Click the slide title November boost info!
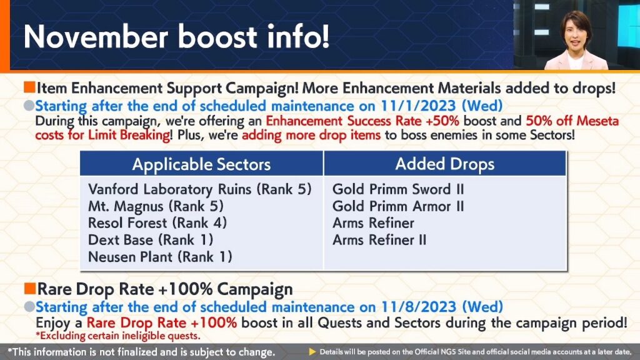point(176,36)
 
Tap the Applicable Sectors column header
point(201,164)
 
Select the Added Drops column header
point(444,164)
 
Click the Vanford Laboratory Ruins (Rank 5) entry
point(199,189)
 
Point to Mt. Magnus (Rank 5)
point(156,206)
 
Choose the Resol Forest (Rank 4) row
point(157,223)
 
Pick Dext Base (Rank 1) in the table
point(151,240)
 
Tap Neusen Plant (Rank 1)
point(160,257)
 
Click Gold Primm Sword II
point(398,189)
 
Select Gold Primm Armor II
point(398,206)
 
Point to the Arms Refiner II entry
point(379,239)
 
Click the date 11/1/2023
point(418,106)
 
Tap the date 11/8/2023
point(419,307)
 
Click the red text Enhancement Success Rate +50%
point(362,121)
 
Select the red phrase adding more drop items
point(311,135)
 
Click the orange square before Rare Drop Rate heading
point(30,288)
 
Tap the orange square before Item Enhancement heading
point(29,86)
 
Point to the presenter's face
point(576,36)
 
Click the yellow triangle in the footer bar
point(312,352)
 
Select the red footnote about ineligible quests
point(118,336)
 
